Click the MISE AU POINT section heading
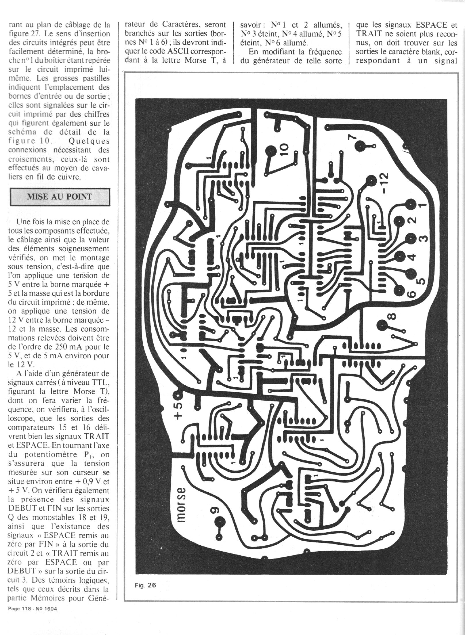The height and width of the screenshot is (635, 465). (x=60, y=197)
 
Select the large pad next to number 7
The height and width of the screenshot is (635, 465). (x=360, y=146)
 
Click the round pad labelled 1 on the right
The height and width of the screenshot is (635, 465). (x=410, y=204)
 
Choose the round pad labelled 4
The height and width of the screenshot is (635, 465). (x=400, y=256)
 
